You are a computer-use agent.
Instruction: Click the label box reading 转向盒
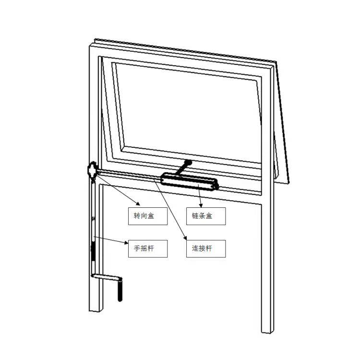point(148,216)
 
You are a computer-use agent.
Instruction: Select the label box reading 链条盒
point(206,216)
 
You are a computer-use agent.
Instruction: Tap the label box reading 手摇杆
point(148,249)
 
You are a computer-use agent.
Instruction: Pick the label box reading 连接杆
point(206,249)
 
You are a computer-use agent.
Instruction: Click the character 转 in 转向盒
point(137,216)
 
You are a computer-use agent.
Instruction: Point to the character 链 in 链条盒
point(195,216)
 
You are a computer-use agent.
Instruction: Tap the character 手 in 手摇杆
point(137,249)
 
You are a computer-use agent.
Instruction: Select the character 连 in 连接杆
point(195,249)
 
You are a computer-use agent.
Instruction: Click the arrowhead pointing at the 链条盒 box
point(201,205)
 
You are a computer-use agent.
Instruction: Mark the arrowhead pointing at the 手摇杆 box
point(126,243)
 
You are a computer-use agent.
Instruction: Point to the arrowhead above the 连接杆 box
point(185,238)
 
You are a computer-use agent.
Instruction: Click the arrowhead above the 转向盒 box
point(138,204)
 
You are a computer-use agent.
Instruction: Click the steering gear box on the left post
point(92,170)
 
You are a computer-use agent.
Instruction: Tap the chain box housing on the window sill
point(190,182)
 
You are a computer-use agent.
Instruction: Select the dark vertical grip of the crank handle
point(120,289)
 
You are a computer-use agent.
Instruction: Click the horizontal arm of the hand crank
point(106,277)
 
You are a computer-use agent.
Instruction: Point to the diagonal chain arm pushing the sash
point(183,168)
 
